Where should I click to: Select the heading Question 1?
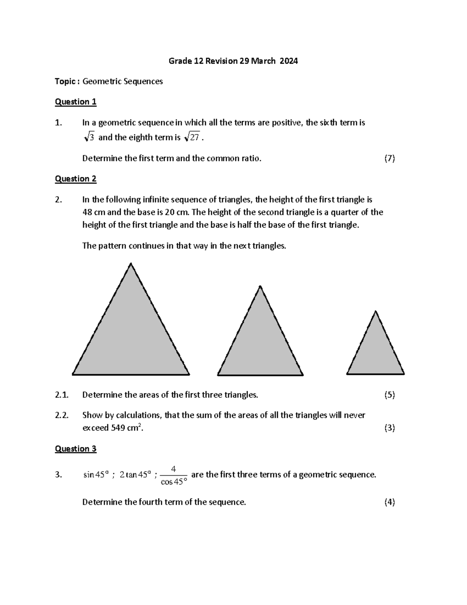point(75,102)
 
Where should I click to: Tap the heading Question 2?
point(75,179)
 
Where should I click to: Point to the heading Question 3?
point(75,449)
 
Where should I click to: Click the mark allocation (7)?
point(389,158)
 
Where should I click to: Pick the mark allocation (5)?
point(389,395)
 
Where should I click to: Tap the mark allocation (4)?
point(389,502)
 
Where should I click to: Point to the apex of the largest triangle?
point(131,264)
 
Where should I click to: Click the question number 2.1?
point(61,395)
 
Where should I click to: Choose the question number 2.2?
point(61,415)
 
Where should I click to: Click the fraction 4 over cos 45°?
point(174,475)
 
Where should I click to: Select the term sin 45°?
point(96,475)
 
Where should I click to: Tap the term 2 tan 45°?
point(135,475)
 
